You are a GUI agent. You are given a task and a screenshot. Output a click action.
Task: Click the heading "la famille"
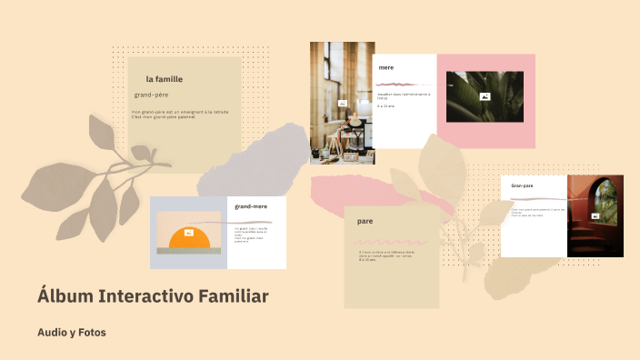tap(164, 79)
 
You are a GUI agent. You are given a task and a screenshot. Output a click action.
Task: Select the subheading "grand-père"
tap(151, 95)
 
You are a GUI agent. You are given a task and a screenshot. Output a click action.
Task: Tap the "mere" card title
tap(386, 67)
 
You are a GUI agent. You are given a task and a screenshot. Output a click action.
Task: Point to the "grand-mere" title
tap(250, 206)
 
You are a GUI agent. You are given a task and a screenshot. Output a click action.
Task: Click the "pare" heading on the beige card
tap(365, 221)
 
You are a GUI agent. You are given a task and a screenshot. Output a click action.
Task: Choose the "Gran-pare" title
tap(522, 185)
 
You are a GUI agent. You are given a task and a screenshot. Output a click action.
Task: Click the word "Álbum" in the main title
tap(65, 296)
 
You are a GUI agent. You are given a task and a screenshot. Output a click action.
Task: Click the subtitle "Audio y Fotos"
tap(72, 333)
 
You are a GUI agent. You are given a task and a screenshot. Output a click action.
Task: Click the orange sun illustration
tap(189, 240)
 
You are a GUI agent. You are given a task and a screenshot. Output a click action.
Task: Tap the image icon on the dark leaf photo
tap(485, 96)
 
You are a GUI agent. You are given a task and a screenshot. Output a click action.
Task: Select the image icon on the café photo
tap(342, 104)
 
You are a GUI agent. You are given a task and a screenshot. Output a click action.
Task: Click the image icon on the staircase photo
tap(595, 216)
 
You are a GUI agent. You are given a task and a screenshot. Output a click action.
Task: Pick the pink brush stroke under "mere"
tap(401, 85)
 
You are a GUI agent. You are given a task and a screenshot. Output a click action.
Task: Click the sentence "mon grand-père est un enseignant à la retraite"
tap(179, 112)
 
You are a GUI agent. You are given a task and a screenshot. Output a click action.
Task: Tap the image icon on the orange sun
tap(188, 233)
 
